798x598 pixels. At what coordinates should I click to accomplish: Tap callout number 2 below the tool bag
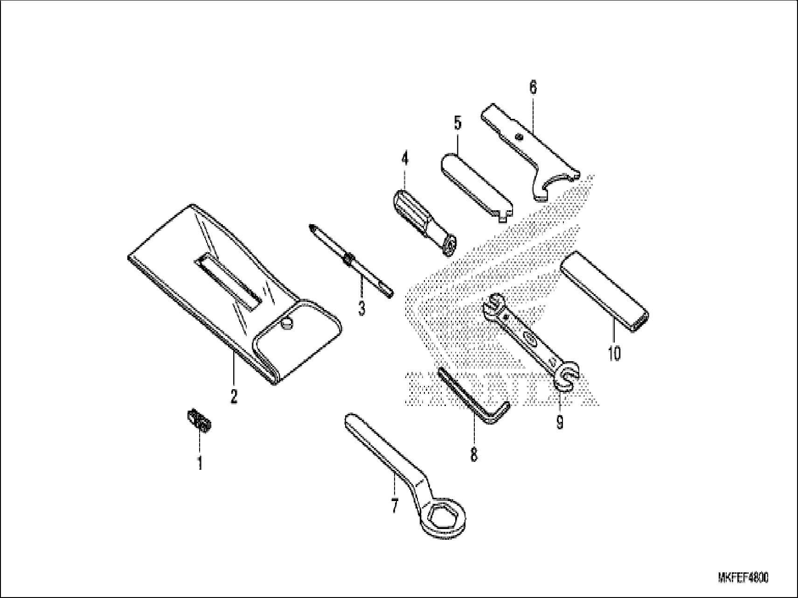coord(234,396)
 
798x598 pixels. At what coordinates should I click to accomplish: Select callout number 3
coord(361,308)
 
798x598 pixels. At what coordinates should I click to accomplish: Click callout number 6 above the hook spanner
coord(533,87)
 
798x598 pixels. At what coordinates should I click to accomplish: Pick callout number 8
coord(474,454)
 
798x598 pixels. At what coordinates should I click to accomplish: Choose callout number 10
coord(614,353)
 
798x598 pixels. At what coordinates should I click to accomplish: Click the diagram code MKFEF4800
coord(743,578)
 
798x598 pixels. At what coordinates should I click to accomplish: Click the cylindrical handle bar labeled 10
coord(605,291)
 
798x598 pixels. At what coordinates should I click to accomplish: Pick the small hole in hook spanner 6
coord(519,136)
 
